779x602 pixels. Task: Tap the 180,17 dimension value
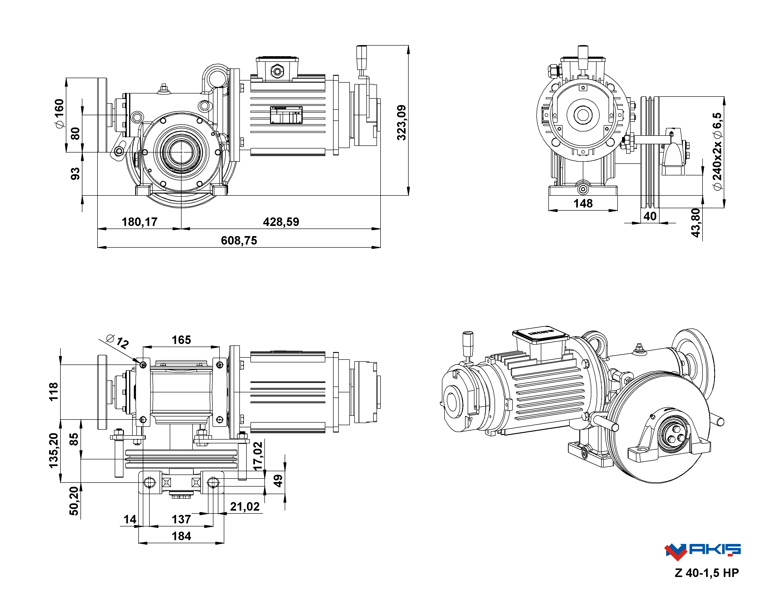(x=140, y=222)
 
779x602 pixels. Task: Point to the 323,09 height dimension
(x=402, y=123)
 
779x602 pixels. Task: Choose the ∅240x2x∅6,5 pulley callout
(x=717, y=151)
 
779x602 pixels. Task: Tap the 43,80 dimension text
(x=695, y=223)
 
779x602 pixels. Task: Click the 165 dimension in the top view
(x=181, y=340)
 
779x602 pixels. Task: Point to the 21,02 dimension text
(x=245, y=506)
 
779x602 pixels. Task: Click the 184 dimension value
(x=181, y=536)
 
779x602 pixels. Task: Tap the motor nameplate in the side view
(x=286, y=115)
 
